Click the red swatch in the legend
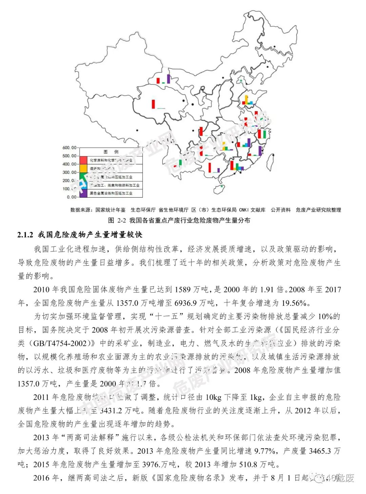(84, 160)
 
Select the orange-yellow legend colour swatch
(84, 168)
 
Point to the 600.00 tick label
(69, 148)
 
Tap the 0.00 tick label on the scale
(72, 197)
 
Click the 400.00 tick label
(69, 164)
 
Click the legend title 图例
(111, 152)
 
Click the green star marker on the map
(241, 80)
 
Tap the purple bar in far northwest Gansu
(168, 79)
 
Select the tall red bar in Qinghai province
(154, 104)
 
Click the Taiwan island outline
(271, 162)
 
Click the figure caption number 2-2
(122, 220)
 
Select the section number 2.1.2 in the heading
(25, 235)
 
